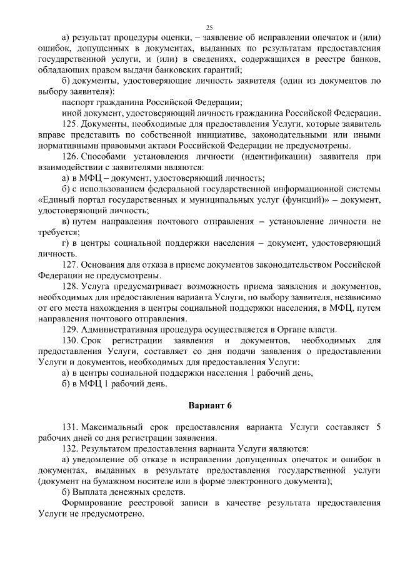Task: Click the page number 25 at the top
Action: tap(209, 27)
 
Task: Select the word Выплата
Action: tap(88, 492)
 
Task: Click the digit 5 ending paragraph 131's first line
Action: tap(377, 427)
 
